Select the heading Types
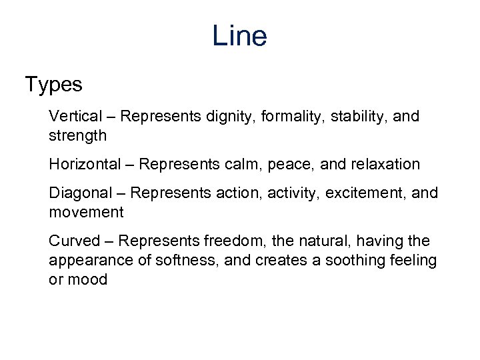coord(53,85)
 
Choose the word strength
coord(77,136)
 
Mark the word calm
coord(246,164)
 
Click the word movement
coord(86,213)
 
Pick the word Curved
coord(74,241)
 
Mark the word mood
coord(87,279)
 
